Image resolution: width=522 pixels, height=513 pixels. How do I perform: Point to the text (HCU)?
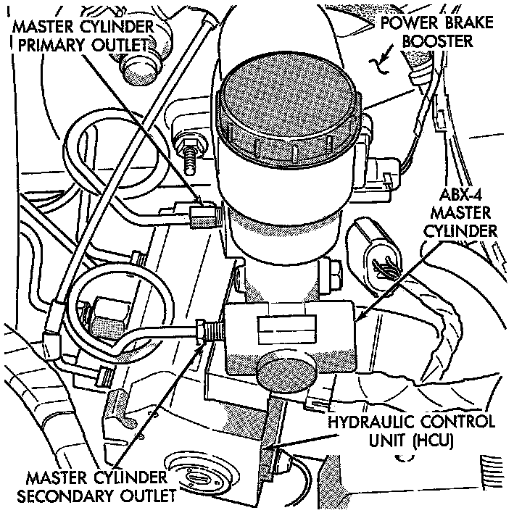431,440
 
